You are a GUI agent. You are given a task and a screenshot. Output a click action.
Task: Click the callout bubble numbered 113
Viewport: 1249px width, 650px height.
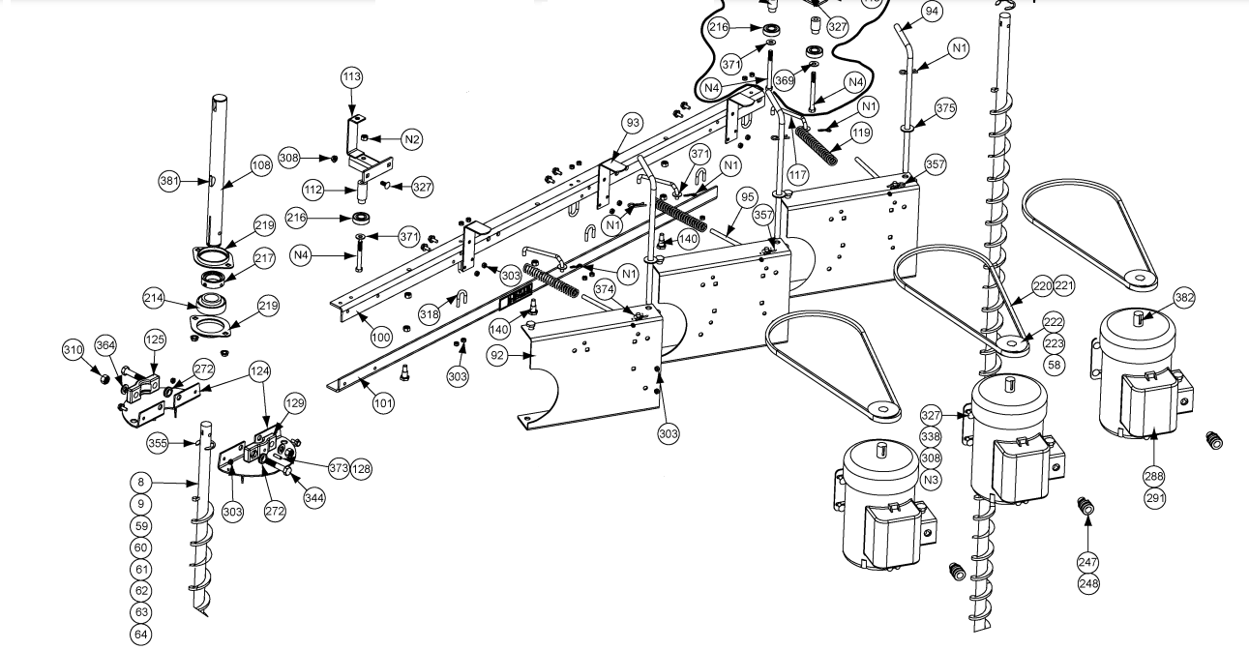351,76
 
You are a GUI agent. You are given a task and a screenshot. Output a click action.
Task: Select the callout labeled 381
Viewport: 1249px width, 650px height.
170,180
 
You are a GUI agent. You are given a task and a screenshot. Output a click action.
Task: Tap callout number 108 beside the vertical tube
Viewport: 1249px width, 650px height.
261,165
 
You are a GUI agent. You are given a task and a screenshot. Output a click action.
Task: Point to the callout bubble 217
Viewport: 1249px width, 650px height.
264,259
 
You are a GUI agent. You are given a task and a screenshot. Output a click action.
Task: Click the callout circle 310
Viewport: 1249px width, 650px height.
74,349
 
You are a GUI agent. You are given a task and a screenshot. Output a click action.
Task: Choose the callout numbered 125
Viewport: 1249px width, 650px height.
155,340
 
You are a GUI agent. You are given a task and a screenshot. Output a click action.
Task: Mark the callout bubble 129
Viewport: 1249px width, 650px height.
294,401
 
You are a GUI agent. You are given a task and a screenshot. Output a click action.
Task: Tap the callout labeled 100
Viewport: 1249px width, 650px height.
381,338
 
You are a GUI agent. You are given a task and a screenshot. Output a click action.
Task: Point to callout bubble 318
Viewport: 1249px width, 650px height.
430,313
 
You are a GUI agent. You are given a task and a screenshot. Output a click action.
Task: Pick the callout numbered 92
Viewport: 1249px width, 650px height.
498,355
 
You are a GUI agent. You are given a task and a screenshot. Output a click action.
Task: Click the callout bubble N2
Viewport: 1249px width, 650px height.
412,139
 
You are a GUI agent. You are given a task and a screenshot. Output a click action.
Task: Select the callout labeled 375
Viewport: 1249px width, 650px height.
944,108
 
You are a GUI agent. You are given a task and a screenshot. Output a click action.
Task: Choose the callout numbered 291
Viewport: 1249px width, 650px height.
1155,499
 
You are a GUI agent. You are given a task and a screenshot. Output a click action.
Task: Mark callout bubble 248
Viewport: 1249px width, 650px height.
1087,583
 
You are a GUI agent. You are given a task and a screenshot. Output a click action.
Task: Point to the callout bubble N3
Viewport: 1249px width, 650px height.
931,480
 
